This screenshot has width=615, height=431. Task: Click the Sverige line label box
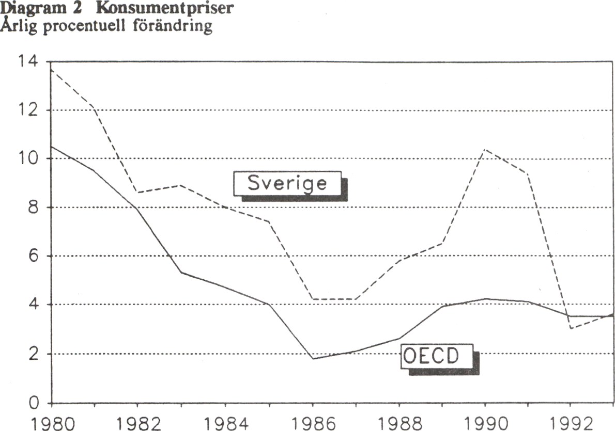(x=287, y=184)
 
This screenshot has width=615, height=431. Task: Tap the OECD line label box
(x=437, y=357)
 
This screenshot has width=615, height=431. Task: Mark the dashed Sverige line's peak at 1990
(x=485, y=149)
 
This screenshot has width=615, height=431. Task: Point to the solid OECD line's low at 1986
(x=312, y=359)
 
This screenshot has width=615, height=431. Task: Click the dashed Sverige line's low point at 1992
(x=571, y=328)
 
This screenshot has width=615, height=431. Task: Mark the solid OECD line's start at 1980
(x=51, y=147)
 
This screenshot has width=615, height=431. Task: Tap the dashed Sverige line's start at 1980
(x=51, y=69)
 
